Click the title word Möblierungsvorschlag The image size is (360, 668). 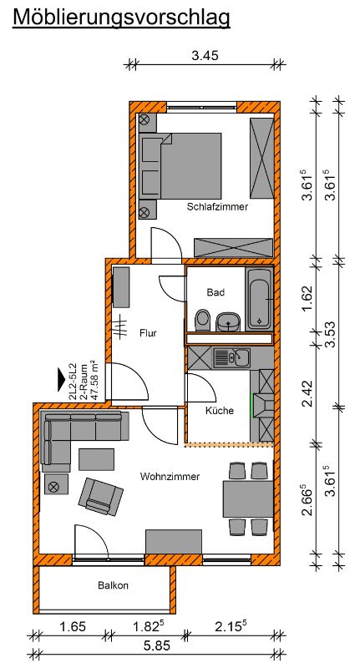[x=121, y=18]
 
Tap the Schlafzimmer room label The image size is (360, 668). [x=217, y=207]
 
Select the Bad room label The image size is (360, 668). [x=215, y=293]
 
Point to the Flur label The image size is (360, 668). [x=148, y=333]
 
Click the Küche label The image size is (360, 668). [x=220, y=411]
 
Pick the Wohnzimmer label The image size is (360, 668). [x=170, y=477]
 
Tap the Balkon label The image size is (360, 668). [x=113, y=585]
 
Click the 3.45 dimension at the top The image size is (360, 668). [x=205, y=56]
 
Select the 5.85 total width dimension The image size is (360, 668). [x=156, y=645]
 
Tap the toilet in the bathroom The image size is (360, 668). [x=202, y=320]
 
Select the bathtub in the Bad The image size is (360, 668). [x=259, y=298]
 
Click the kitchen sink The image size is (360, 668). [x=231, y=357]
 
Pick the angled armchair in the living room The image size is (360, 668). [x=101, y=495]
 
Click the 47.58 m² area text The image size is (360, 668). [x=95, y=382]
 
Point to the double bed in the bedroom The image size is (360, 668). [x=180, y=165]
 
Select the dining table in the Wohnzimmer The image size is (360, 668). [x=248, y=498]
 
